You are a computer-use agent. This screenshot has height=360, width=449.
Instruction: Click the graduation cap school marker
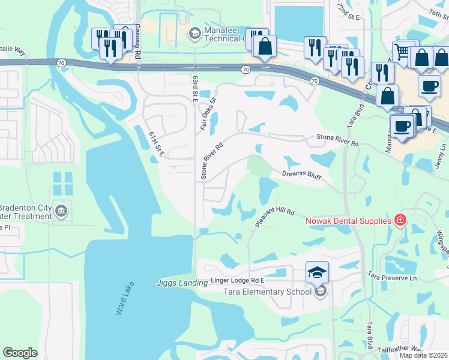[317, 272]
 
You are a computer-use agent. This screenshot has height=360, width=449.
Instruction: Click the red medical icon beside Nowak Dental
[400, 220]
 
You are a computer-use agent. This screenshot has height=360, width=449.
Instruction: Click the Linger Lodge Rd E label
[238, 281]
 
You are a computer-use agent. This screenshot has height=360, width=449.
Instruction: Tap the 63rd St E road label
[195, 88]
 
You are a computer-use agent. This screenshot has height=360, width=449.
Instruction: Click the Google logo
[20, 353]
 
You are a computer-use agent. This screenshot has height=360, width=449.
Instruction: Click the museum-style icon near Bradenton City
[61, 211]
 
